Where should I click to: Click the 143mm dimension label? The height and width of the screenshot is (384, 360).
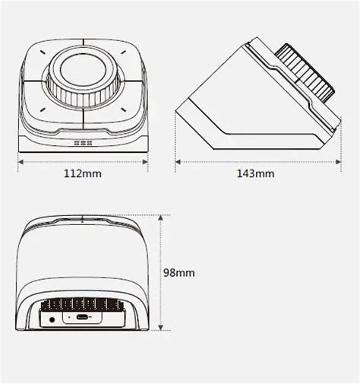click(255, 173)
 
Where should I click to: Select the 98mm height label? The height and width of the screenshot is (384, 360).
click(179, 271)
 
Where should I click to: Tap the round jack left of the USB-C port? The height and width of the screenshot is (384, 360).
click(52, 319)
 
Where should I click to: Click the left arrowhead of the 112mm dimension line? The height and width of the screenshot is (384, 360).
click(20, 161)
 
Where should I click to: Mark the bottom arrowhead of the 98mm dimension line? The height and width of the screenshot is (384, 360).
click(161, 328)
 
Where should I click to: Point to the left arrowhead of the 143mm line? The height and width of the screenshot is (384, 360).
click(177, 161)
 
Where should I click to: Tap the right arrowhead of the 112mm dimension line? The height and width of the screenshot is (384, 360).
click(146, 161)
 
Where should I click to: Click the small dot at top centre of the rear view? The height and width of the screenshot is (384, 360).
click(83, 223)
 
